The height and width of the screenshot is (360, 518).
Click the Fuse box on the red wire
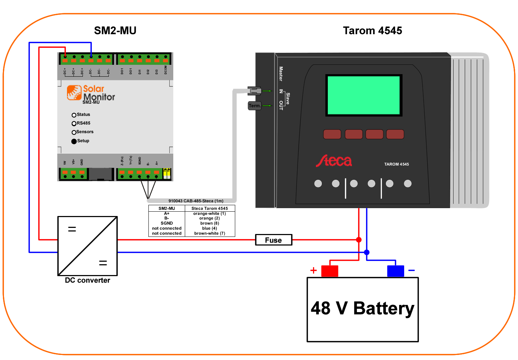(273, 240)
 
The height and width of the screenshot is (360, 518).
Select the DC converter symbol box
(88, 246)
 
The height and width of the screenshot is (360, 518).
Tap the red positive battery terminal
(330, 271)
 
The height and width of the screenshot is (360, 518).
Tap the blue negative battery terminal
(396, 271)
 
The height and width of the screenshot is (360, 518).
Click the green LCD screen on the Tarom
(363, 95)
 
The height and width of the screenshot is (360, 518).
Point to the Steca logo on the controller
(334, 161)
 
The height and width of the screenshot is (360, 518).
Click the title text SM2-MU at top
(115, 31)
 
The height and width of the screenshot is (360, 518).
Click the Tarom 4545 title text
(372, 31)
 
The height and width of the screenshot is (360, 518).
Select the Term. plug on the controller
(254, 106)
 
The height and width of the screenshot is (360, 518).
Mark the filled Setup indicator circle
(74, 141)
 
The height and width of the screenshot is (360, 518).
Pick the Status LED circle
(74, 115)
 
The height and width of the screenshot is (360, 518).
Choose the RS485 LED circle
(74, 123)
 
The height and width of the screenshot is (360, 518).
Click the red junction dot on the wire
(359, 240)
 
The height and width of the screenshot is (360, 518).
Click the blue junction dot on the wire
(367, 252)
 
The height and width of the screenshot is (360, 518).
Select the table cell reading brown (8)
(210, 223)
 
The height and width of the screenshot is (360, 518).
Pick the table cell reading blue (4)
(210, 228)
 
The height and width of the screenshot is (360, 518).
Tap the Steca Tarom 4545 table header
(210, 208)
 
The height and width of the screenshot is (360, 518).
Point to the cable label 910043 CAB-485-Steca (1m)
(196, 201)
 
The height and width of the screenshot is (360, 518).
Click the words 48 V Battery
(362, 309)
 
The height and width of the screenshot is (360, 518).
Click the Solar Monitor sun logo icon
(74, 93)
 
